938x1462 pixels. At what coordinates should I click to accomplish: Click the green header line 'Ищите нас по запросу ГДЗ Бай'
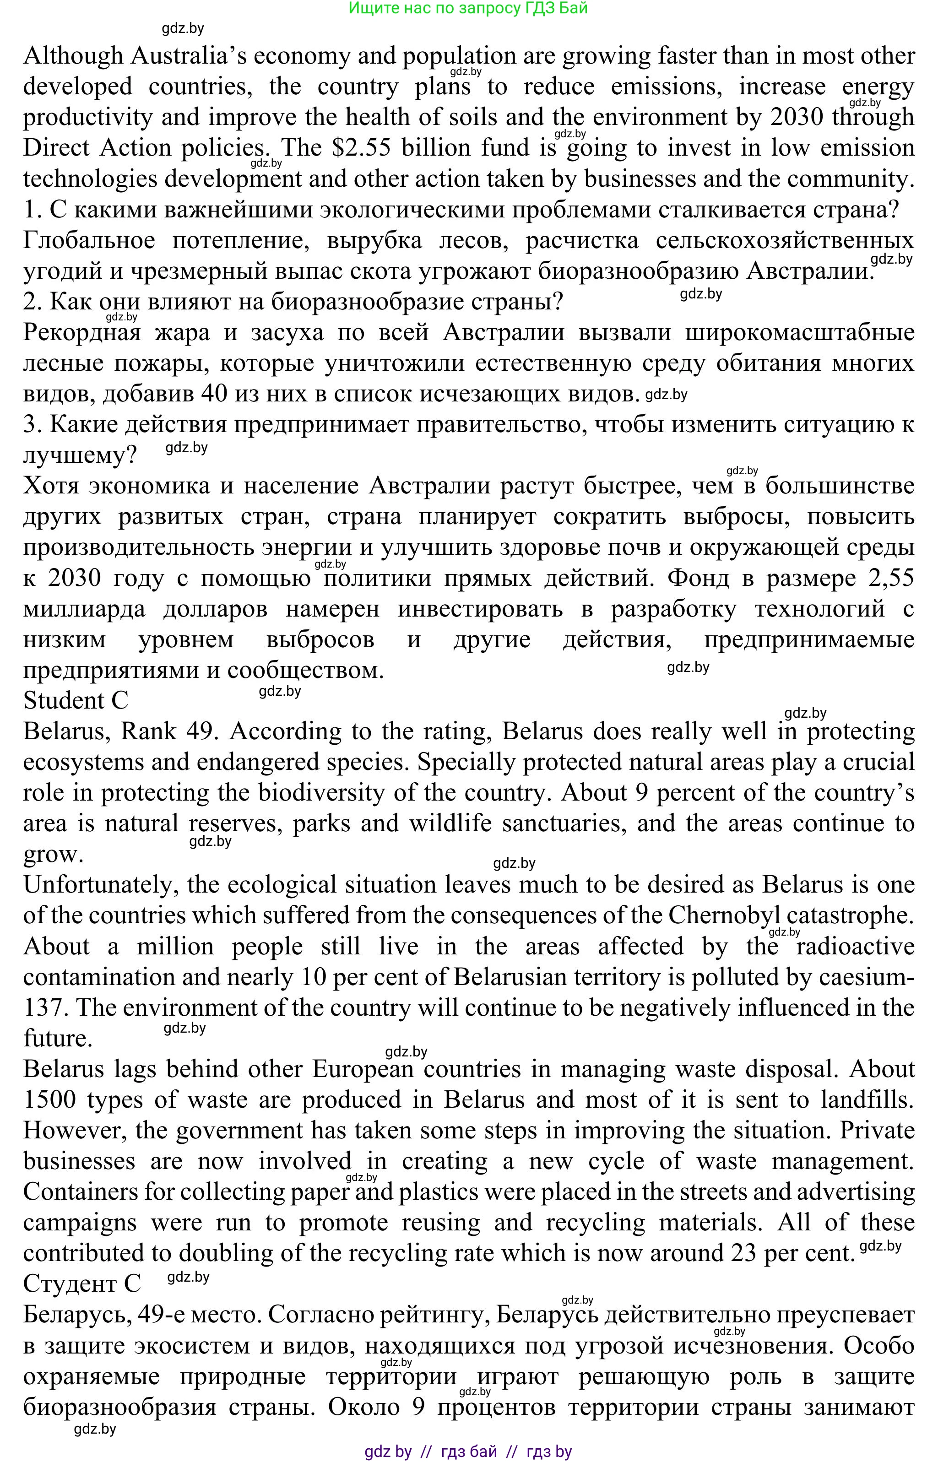pos(468,9)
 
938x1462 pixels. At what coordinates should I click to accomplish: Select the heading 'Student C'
pos(76,701)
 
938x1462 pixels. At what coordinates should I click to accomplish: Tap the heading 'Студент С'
pos(81,1283)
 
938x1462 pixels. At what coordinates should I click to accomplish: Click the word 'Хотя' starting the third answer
pos(51,486)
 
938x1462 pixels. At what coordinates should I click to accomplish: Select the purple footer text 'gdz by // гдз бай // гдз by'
pos(468,1451)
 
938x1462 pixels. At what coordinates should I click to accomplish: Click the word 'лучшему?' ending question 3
pos(80,455)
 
